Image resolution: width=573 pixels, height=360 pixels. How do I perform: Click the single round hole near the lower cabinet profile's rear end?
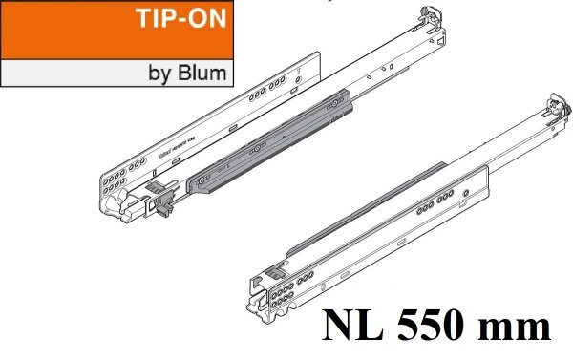click(464, 195)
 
